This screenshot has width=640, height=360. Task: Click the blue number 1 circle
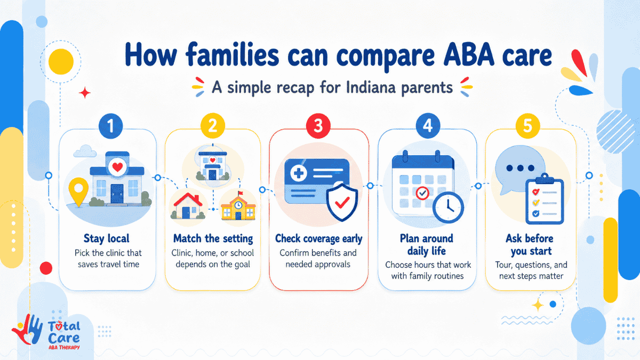click(x=110, y=126)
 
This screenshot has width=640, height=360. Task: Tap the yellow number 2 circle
click(x=213, y=126)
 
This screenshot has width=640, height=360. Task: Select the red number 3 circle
click(x=318, y=126)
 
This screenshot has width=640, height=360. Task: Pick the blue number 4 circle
click(x=427, y=126)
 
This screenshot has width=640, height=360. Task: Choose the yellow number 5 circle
click(x=527, y=126)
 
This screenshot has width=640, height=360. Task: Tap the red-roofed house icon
click(x=188, y=206)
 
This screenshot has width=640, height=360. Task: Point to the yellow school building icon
click(x=238, y=206)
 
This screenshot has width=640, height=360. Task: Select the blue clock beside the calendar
click(x=448, y=207)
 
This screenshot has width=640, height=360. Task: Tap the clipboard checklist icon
click(x=545, y=199)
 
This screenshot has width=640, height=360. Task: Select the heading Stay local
click(x=106, y=238)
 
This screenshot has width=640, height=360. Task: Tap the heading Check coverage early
click(x=318, y=238)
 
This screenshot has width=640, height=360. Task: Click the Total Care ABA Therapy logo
click(x=46, y=332)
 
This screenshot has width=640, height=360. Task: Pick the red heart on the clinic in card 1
click(x=117, y=166)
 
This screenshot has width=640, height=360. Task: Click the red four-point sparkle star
click(x=85, y=93)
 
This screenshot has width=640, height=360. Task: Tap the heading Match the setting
click(x=213, y=238)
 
